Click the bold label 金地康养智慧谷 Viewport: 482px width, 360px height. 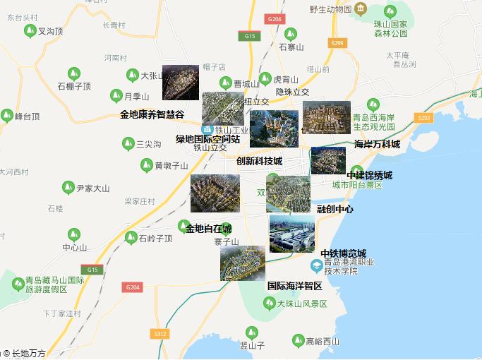point(152,114)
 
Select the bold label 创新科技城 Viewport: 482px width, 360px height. point(259,161)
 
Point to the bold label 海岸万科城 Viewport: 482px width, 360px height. point(377,144)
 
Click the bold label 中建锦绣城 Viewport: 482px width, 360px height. point(369,175)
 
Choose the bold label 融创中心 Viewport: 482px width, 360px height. point(335,209)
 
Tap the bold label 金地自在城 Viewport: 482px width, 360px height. point(209,228)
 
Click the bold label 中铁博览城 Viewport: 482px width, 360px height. point(343,253)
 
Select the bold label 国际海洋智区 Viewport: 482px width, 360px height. point(294,286)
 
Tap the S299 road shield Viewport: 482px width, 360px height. point(337,44)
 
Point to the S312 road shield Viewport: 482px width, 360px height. point(160,333)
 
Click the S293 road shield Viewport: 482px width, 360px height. point(424,117)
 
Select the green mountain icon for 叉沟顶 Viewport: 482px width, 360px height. point(30,31)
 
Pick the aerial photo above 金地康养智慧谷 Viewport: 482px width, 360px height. point(180,82)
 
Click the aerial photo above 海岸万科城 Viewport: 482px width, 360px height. point(326,117)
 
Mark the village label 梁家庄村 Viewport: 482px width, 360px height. point(140,201)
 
